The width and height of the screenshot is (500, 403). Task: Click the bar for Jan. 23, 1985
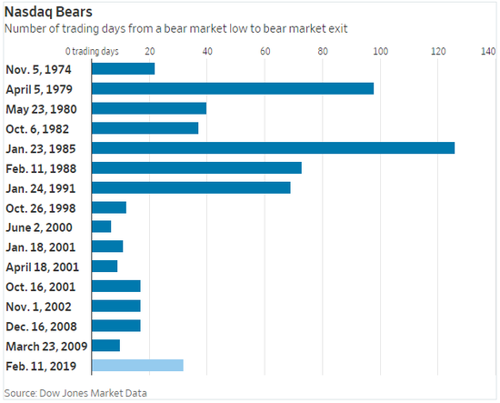point(274,148)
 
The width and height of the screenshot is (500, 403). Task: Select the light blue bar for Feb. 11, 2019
point(137,365)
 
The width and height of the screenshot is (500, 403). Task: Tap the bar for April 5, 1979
point(233,89)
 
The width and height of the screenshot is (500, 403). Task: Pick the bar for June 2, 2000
point(102,227)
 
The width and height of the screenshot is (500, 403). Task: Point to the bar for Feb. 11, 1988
point(196,167)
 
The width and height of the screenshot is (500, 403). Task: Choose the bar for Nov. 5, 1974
point(124,68)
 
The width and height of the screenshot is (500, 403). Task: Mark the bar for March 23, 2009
point(105,346)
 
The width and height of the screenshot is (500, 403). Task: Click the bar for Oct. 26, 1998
point(109,207)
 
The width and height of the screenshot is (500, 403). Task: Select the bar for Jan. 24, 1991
point(191,187)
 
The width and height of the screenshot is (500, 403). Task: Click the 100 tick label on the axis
point(380,51)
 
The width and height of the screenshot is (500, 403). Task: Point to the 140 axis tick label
point(488,51)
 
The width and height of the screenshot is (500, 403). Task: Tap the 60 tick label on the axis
point(265,51)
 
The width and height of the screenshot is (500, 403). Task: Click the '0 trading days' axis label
point(92,51)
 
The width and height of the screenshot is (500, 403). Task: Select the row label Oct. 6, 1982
point(37,129)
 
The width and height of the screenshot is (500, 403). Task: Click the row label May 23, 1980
point(41,109)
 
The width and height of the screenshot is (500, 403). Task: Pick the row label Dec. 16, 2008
point(41,327)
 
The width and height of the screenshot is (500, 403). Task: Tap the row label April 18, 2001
point(42,267)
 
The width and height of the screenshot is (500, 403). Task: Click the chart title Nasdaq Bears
point(48,12)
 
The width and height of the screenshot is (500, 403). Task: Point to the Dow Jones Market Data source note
point(75,393)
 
